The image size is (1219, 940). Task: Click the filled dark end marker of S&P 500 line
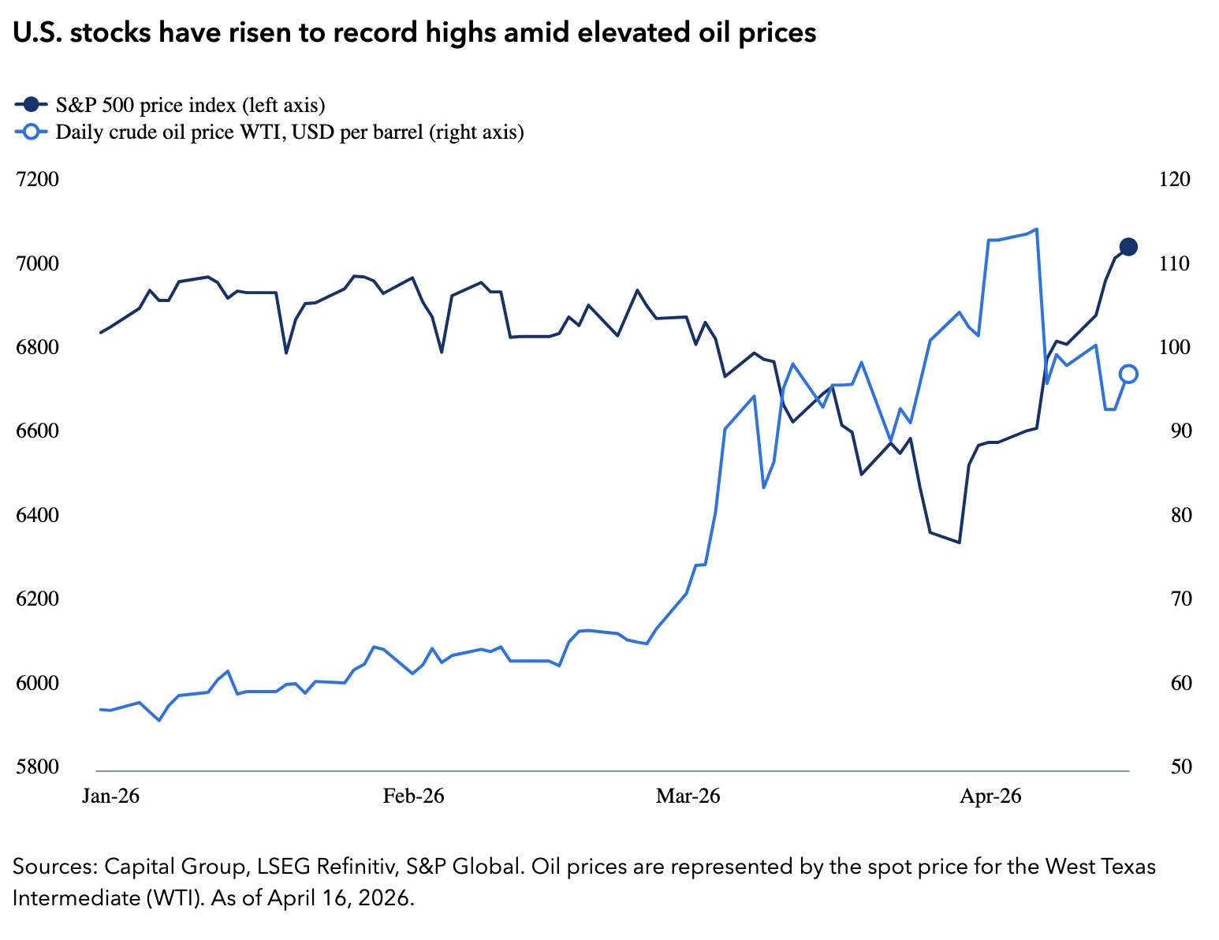coord(1128,247)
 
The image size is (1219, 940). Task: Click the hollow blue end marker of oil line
coord(1128,374)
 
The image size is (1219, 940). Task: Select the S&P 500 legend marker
coord(30,104)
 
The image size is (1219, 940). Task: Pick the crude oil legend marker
coord(30,132)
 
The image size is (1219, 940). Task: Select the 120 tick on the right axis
coord(1175,180)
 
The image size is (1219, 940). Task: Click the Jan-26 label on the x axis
coord(111,796)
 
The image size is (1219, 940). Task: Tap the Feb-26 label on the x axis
coord(413,796)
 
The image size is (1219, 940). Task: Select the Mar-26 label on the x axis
coord(688,796)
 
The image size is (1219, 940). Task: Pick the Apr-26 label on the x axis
coord(990,796)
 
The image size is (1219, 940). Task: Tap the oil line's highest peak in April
coord(1036,229)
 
